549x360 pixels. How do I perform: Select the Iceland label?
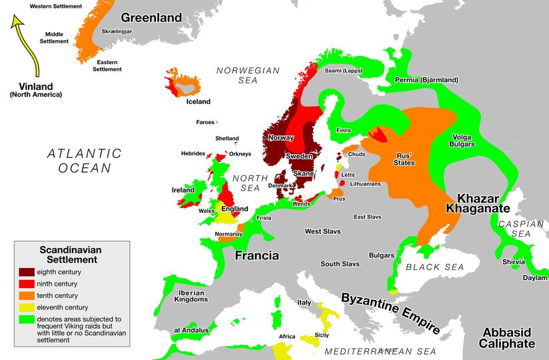(x=198, y=101)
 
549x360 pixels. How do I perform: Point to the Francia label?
(x=257, y=255)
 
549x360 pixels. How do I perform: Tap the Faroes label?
(x=205, y=122)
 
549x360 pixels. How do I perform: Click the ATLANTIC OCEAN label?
(x=85, y=160)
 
